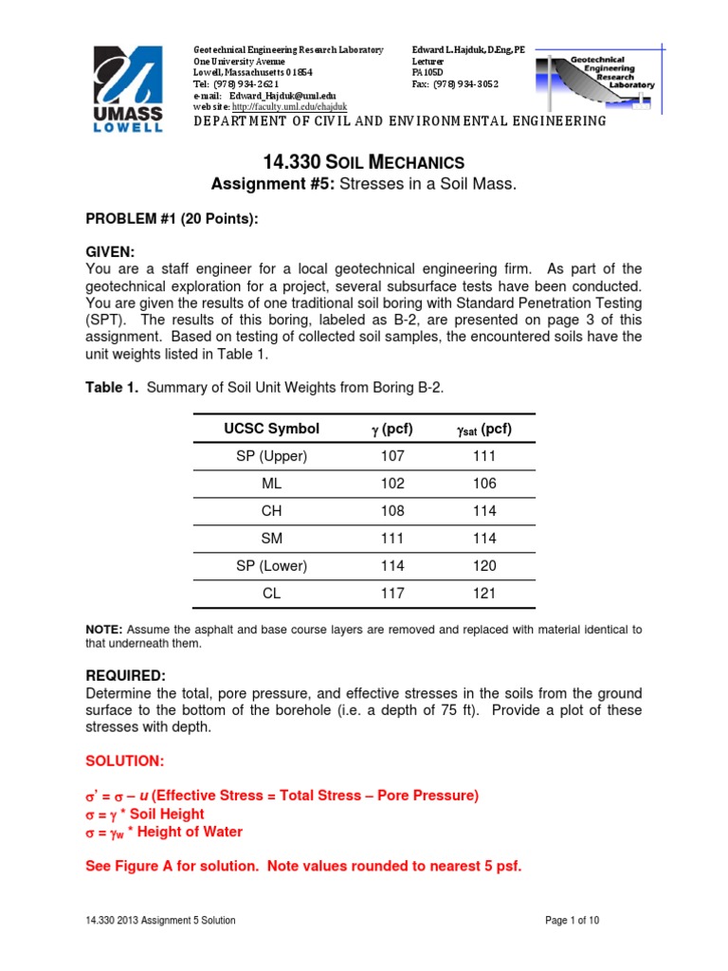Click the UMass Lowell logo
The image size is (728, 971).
[x=128, y=90]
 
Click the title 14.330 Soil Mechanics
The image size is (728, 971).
[x=363, y=162]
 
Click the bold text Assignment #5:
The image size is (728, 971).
[x=276, y=184]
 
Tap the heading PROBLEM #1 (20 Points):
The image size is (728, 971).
[x=172, y=219]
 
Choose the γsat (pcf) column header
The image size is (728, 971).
[x=483, y=429]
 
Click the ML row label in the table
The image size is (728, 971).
[x=272, y=483]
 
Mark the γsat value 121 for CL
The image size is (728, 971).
[x=483, y=593]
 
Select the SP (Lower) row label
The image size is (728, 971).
[x=272, y=566]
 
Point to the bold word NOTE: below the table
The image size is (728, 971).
[x=103, y=630]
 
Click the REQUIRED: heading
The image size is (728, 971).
[x=126, y=675]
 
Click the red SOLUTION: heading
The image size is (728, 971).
[x=124, y=762]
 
